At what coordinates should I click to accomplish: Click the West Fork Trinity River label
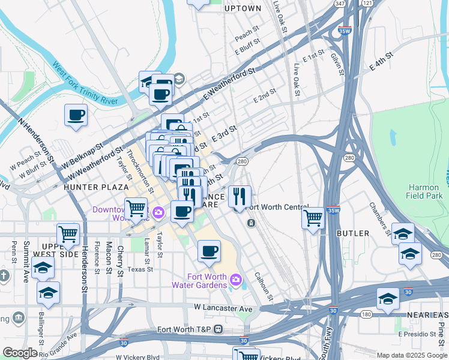[84, 83]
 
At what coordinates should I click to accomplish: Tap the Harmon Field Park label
[424, 191]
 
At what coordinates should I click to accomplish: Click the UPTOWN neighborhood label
[243, 8]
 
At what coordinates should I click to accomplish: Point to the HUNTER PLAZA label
[88, 187]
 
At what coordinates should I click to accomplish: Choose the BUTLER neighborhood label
[353, 233]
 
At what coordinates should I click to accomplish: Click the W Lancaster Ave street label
[223, 308]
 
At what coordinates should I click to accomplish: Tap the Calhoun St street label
[264, 287]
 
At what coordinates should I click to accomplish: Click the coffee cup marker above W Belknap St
[76, 115]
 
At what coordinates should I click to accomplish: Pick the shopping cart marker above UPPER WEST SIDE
[68, 234]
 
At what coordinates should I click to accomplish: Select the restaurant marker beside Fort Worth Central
[240, 196]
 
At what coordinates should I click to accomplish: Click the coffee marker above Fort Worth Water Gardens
[209, 251]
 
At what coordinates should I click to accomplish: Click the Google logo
[20, 353]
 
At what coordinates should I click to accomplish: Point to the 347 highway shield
[340, 4]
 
